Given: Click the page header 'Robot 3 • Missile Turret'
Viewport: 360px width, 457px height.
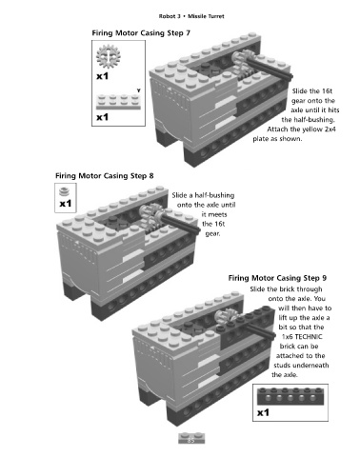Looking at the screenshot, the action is click(x=191, y=16).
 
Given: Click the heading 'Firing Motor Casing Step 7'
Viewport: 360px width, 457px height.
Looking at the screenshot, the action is click(x=141, y=33).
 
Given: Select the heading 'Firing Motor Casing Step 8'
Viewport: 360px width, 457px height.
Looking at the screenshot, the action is click(x=105, y=176).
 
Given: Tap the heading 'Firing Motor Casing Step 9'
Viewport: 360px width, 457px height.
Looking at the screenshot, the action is click(x=277, y=278).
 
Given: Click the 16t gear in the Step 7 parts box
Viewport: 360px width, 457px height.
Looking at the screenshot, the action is click(x=109, y=56).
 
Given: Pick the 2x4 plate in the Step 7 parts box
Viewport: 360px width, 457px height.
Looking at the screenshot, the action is click(x=118, y=102).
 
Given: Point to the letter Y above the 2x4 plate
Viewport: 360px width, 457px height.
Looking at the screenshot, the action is click(x=138, y=90).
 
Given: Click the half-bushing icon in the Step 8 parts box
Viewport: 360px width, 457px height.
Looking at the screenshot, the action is click(x=64, y=191).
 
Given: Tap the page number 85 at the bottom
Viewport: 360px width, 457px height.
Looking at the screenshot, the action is click(x=190, y=440).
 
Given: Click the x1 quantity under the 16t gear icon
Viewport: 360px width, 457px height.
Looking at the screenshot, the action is click(x=103, y=76).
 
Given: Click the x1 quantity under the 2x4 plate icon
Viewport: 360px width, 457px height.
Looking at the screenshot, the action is click(x=103, y=117).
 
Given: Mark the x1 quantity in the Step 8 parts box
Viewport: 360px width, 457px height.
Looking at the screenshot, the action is click(x=66, y=203).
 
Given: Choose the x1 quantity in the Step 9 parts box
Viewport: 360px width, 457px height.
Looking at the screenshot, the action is click(x=263, y=412).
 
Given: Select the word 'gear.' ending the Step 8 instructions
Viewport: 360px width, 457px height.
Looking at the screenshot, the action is click(x=212, y=234).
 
